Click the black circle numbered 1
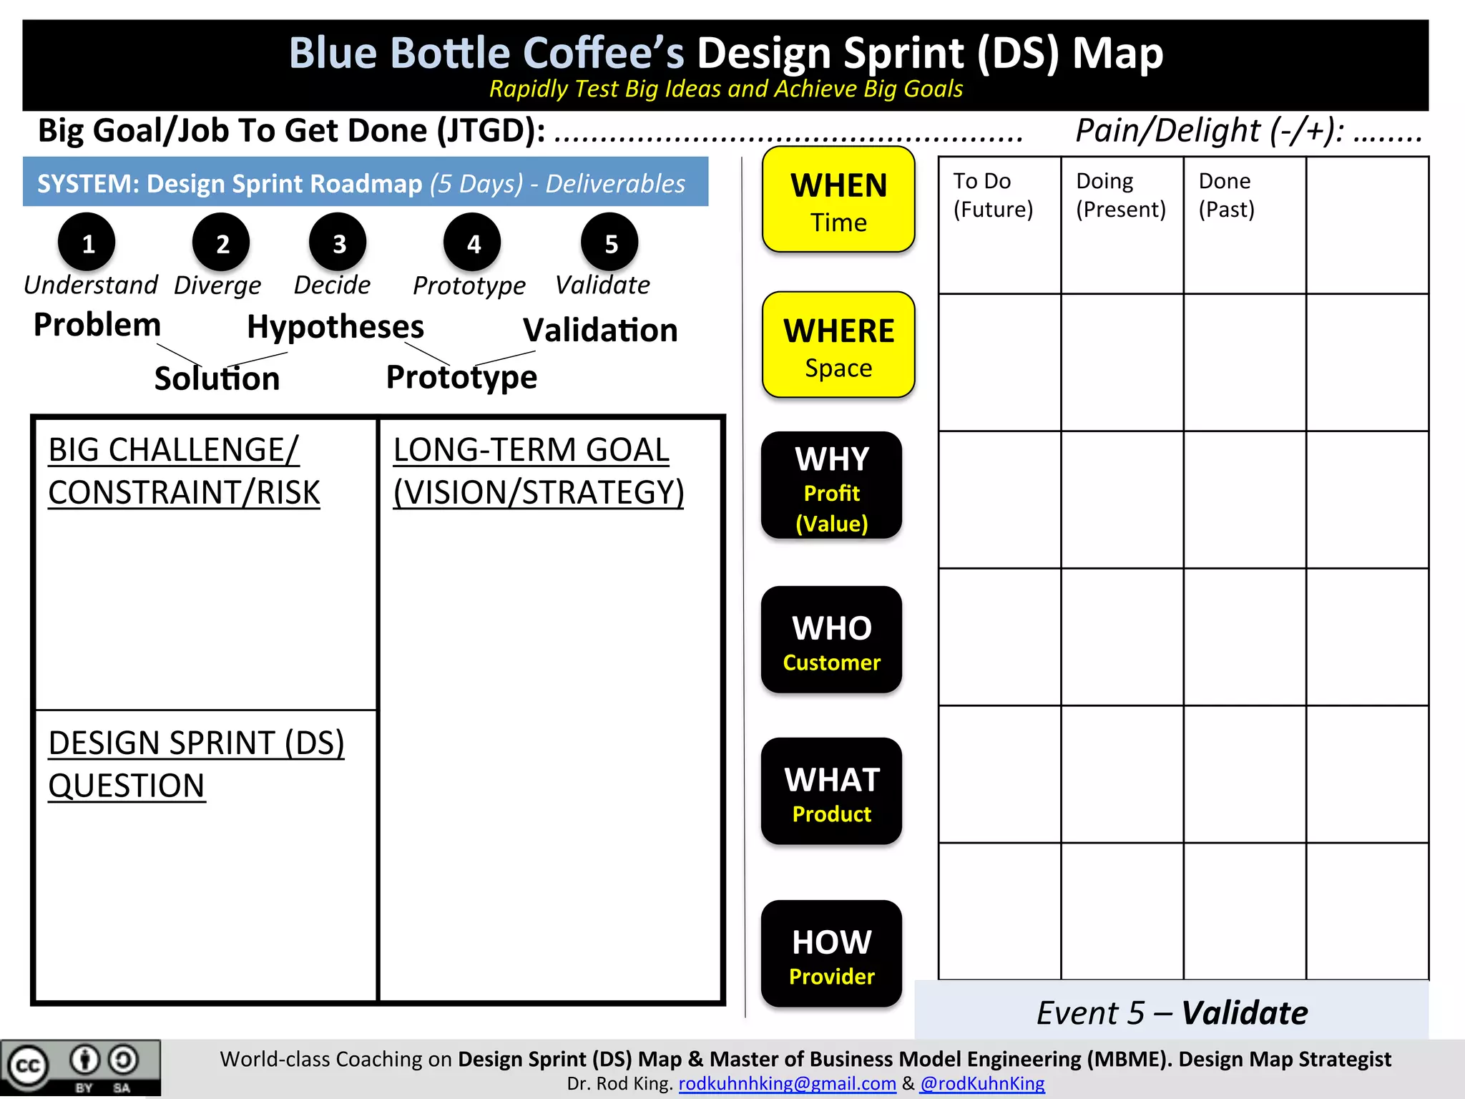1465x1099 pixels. click(87, 243)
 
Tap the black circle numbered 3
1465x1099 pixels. click(338, 243)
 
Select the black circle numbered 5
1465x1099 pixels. click(610, 243)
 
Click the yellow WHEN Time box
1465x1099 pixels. click(838, 200)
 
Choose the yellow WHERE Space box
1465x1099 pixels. click(838, 346)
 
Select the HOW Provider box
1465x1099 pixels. click(831, 954)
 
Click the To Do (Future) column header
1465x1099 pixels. click(993, 195)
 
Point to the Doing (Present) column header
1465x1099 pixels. click(1121, 195)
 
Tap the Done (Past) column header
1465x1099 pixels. click(1226, 195)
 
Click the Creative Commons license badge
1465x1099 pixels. click(80, 1068)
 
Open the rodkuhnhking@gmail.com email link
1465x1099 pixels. click(787, 1084)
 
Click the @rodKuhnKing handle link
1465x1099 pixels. click(982, 1084)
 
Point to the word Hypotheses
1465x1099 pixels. click(335, 327)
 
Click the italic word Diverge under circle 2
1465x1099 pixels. click(217, 285)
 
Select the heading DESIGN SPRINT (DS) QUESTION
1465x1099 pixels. click(196, 764)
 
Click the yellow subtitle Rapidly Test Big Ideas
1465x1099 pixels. click(725, 89)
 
